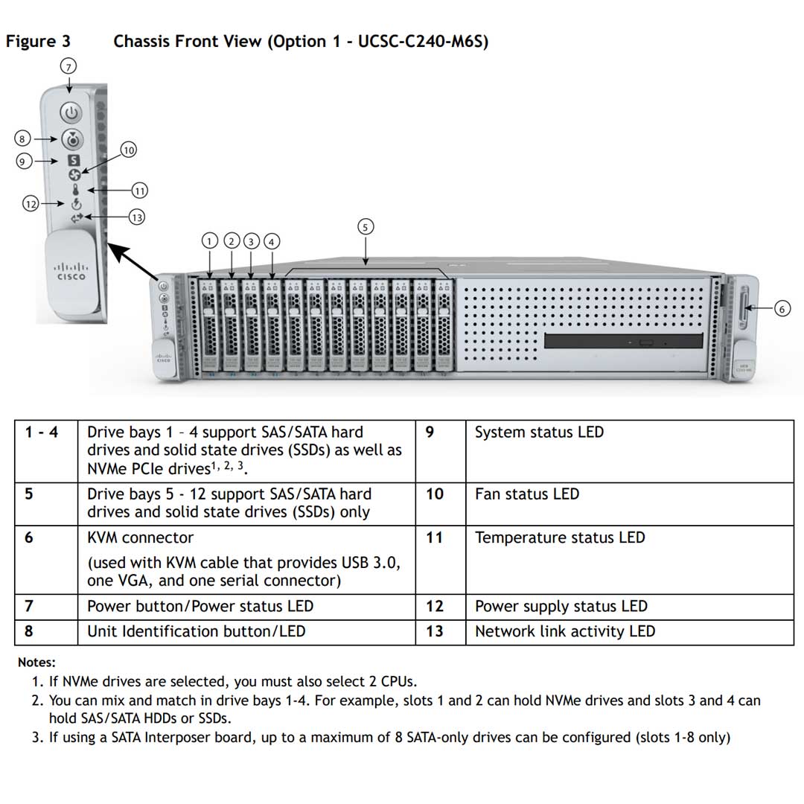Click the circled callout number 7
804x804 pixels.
(x=68, y=66)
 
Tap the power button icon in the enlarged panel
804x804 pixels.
(x=71, y=113)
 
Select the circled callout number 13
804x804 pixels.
(x=136, y=217)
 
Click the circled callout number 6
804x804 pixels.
(x=782, y=308)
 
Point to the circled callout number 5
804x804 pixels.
(x=365, y=227)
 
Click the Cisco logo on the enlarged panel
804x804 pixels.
(x=71, y=272)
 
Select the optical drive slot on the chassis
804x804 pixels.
(x=623, y=342)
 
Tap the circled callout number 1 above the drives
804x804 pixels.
(x=211, y=241)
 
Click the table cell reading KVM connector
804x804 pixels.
(x=140, y=537)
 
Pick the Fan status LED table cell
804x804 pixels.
(x=526, y=494)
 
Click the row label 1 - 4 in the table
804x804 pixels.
(x=41, y=433)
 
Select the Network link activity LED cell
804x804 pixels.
(x=564, y=631)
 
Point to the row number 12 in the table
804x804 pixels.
(x=435, y=607)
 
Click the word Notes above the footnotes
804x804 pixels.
(x=36, y=663)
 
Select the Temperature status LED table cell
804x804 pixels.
(x=559, y=537)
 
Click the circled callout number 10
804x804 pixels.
(x=129, y=150)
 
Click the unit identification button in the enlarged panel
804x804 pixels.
(x=72, y=139)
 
